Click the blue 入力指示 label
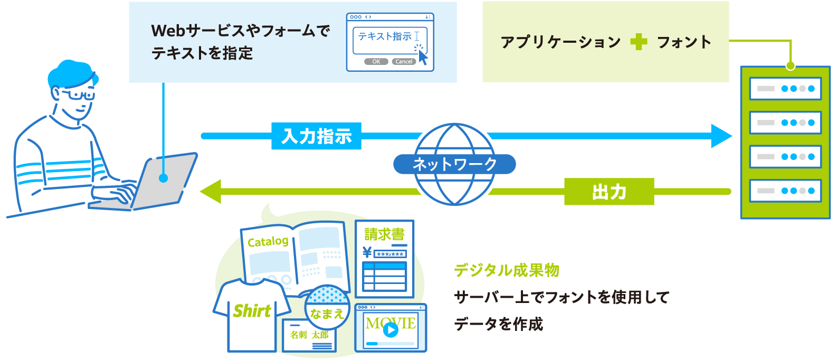click(x=316, y=136)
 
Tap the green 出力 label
click(x=609, y=192)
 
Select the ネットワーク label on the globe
click(x=454, y=164)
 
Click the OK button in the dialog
click(x=376, y=62)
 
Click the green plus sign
click(x=639, y=42)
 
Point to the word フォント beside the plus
click(x=684, y=42)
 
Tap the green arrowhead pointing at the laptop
click(x=211, y=191)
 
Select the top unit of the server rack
click(x=785, y=89)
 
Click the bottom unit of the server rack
click(x=785, y=191)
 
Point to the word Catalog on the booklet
click(x=268, y=242)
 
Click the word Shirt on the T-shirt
click(x=252, y=311)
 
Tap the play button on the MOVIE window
click(x=391, y=330)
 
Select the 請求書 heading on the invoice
click(x=384, y=234)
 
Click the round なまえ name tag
click(x=327, y=313)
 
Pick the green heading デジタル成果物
click(x=507, y=270)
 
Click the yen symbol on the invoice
click(x=367, y=253)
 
